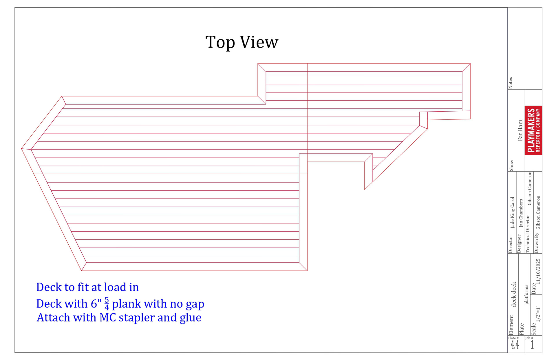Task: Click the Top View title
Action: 242,42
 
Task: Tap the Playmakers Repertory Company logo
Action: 533,130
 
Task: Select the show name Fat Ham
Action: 520,130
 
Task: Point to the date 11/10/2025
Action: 538,271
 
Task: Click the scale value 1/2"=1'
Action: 538,314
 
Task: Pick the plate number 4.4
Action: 515,345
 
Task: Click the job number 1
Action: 532,345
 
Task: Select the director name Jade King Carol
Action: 512,212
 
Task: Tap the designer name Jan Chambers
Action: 521,213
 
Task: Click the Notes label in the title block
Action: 510,83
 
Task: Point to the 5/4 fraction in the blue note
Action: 107,303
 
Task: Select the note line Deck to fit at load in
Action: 87,287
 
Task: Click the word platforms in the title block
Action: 526,294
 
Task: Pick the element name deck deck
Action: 514,294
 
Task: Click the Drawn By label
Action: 537,243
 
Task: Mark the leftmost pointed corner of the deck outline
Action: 22,149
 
